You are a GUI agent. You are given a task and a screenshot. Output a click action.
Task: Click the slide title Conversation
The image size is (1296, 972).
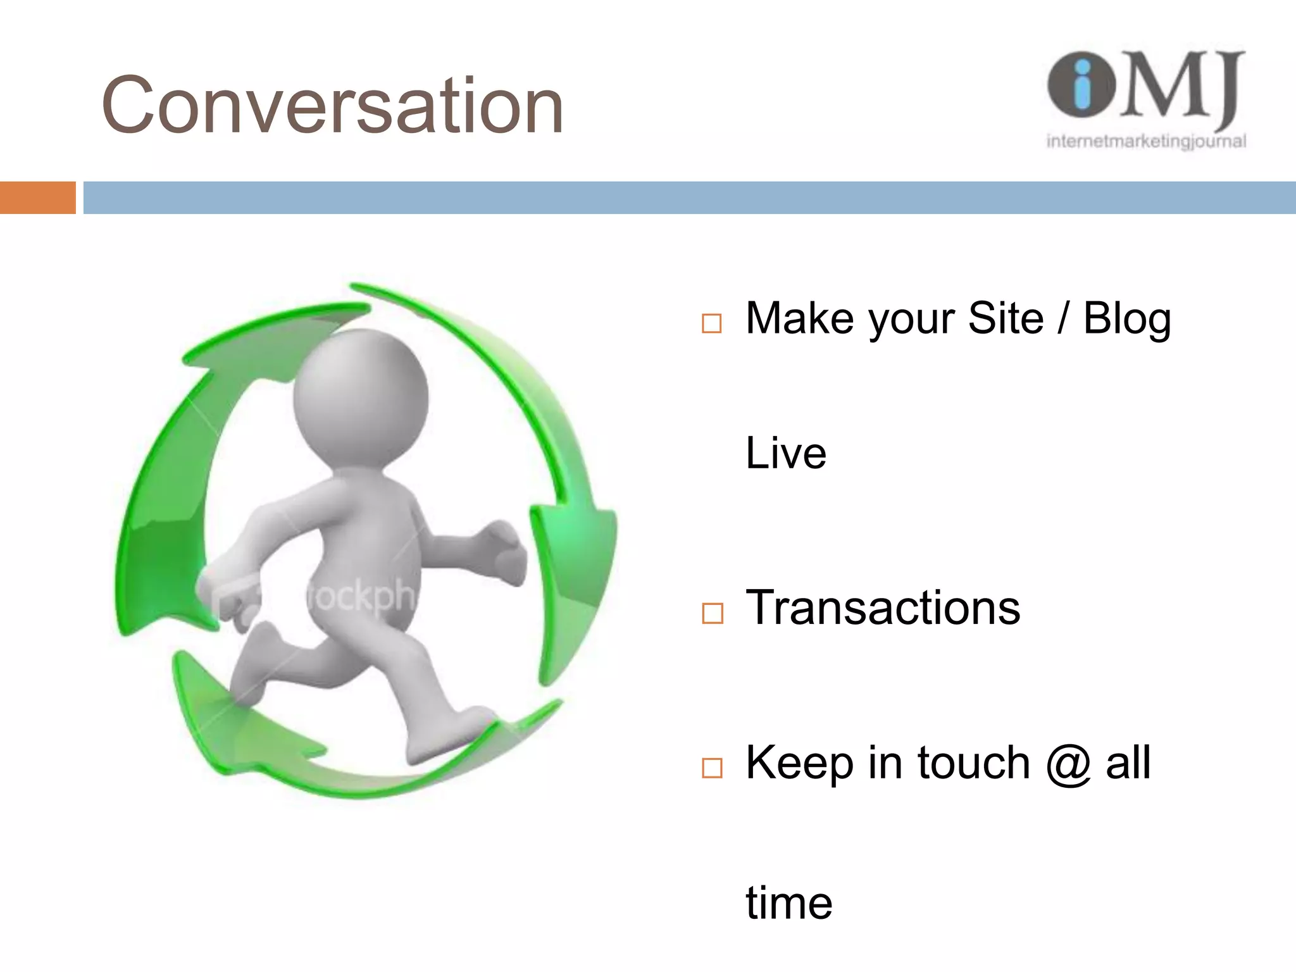point(332,106)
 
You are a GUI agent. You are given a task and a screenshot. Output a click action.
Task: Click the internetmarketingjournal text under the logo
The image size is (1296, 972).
point(1146,141)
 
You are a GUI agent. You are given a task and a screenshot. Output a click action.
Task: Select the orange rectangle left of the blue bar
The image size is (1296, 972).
point(37,197)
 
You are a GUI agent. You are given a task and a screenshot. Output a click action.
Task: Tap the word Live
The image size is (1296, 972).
point(786,453)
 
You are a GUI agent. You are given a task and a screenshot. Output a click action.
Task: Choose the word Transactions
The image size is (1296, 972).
point(883,607)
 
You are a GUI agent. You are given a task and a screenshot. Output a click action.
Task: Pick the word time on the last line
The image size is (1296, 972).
point(788,903)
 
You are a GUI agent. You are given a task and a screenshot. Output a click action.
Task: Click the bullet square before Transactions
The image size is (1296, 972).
point(712,613)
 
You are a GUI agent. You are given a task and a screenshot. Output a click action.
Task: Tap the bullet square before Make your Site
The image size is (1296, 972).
point(712,323)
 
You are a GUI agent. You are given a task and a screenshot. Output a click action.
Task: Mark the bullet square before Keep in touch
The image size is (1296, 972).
point(712,768)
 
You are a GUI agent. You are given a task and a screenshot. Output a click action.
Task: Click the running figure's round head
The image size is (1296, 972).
point(361,399)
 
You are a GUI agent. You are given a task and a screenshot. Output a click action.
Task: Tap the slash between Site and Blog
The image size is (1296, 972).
point(1063,318)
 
